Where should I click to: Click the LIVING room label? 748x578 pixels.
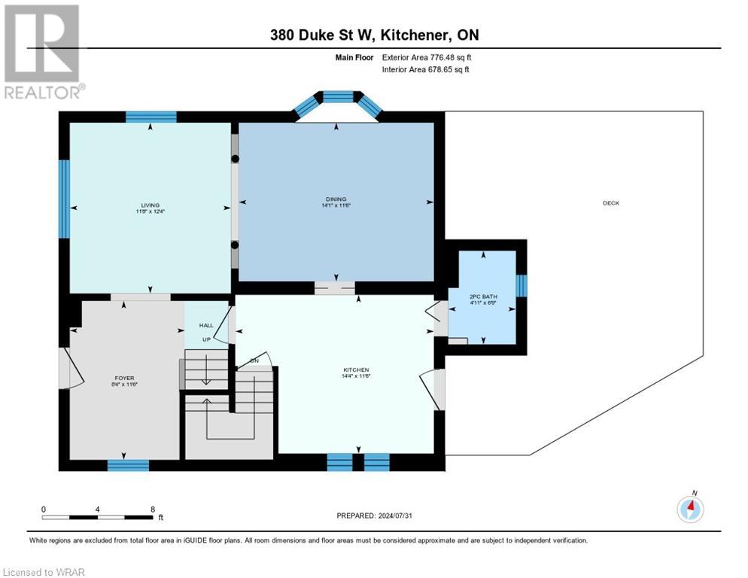(x=150, y=205)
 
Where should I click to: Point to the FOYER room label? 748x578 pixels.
(x=125, y=379)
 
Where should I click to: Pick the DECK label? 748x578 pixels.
(x=610, y=203)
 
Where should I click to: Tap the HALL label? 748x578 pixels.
(x=206, y=325)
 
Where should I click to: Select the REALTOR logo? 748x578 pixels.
(x=43, y=52)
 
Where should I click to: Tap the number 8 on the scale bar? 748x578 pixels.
(x=153, y=510)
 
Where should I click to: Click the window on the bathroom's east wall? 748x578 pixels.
(x=521, y=286)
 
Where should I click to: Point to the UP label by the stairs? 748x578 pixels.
(x=205, y=340)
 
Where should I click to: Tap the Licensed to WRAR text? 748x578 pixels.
(x=44, y=572)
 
